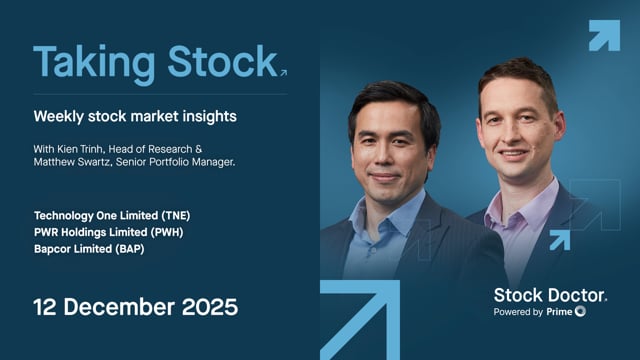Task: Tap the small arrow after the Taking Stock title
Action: click(x=284, y=72)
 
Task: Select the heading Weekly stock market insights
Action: click(x=134, y=116)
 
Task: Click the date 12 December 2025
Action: click(x=135, y=307)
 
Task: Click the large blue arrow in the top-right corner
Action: click(x=603, y=35)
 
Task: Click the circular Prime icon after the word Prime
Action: click(x=580, y=312)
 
